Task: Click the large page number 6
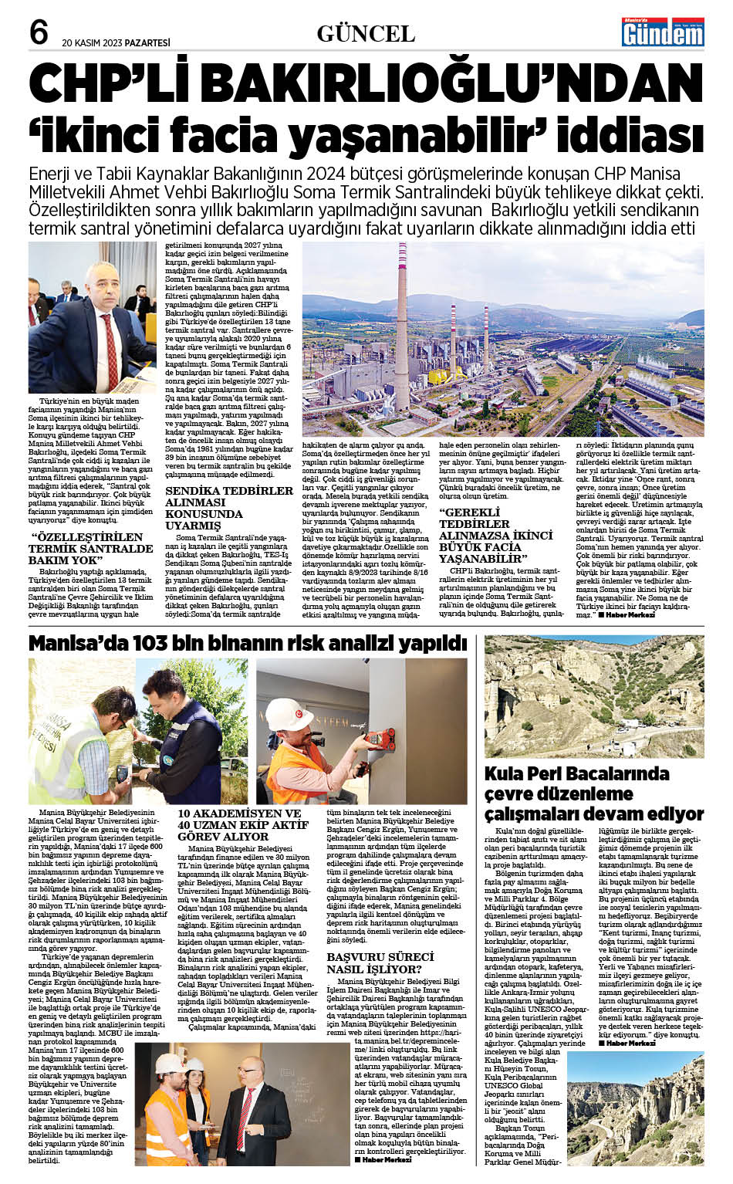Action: [x=39, y=32]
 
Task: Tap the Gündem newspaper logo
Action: [x=663, y=32]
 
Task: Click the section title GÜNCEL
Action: [x=366, y=34]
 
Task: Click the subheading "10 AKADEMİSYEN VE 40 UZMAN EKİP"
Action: [x=243, y=824]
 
